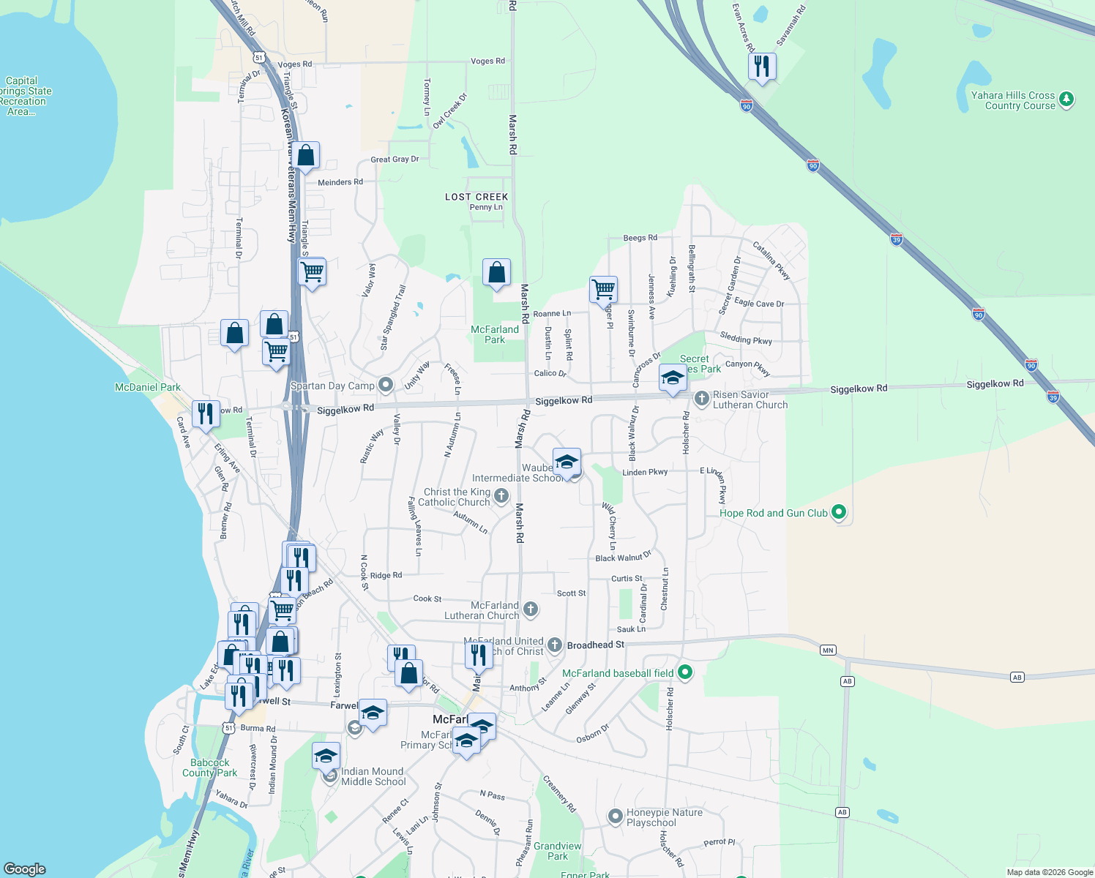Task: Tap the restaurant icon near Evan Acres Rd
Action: pyautogui.click(x=762, y=67)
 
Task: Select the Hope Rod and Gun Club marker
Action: pyautogui.click(x=839, y=512)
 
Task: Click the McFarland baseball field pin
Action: pyautogui.click(x=685, y=672)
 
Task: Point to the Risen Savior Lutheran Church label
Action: pyautogui.click(x=750, y=399)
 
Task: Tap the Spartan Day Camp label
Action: pyautogui.click(x=332, y=386)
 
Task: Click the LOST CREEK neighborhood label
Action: pyautogui.click(x=477, y=197)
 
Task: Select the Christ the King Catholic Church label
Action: pyautogui.click(x=457, y=497)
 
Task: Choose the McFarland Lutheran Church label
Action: pyautogui.click(x=482, y=610)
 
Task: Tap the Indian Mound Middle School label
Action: pyautogui.click(x=373, y=776)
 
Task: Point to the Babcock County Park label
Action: pyautogui.click(x=209, y=768)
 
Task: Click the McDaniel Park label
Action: pyautogui.click(x=148, y=387)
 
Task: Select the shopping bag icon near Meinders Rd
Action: pyautogui.click(x=307, y=155)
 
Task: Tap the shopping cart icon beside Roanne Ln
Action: pyautogui.click(x=603, y=289)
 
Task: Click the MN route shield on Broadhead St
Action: pyautogui.click(x=828, y=650)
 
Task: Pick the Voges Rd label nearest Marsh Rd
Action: pyautogui.click(x=487, y=61)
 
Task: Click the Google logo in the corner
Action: pyautogui.click(x=24, y=869)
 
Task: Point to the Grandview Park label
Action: pyautogui.click(x=558, y=851)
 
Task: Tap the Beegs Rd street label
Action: pyautogui.click(x=640, y=238)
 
